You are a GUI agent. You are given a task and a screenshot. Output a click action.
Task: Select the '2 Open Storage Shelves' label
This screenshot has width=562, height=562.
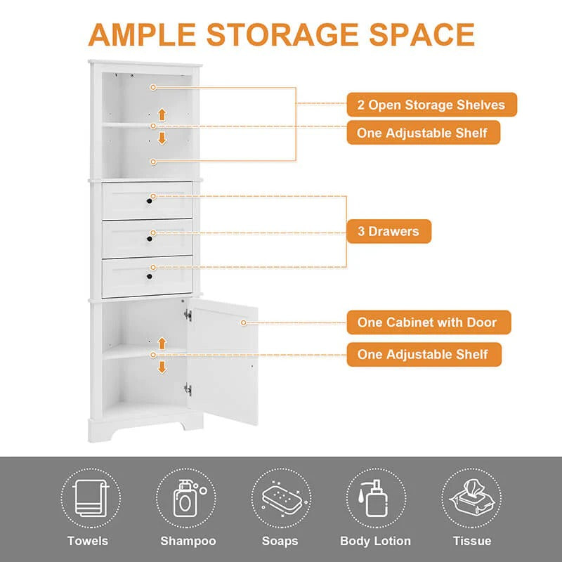pyautogui.click(x=431, y=105)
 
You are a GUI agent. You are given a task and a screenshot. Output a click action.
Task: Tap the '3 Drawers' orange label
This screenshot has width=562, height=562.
pyautogui.click(x=388, y=231)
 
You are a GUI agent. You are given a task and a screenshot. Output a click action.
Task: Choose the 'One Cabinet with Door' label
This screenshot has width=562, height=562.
pyautogui.click(x=426, y=322)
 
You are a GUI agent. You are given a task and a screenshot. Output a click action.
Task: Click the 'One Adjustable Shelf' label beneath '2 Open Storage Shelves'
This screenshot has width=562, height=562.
pyautogui.click(x=423, y=132)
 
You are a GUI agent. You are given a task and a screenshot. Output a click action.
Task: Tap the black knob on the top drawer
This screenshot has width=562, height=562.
pyautogui.click(x=149, y=202)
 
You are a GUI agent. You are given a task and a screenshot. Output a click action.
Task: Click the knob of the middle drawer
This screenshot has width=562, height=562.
pyautogui.click(x=149, y=240)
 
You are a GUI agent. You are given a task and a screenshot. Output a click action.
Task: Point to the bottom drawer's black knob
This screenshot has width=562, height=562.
pyautogui.click(x=149, y=277)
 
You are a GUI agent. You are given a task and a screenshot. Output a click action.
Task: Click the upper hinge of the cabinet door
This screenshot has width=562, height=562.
pyautogui.click(x=188, y=315)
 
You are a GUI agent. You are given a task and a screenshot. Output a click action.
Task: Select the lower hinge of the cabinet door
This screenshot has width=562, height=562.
pyautogui.click(x=188, y=388)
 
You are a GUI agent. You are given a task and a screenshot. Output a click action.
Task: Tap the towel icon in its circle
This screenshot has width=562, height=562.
pyautogui.click(x=88, y=497)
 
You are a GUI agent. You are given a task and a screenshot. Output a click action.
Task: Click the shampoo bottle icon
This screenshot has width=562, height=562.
pyautogui.click(x=183, y=497)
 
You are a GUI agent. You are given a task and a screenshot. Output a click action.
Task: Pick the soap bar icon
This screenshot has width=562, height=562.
pyautogui.click(x=279, y=497)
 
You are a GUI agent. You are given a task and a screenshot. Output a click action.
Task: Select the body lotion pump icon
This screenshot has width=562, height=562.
pyautogui.click(x=374, y=497)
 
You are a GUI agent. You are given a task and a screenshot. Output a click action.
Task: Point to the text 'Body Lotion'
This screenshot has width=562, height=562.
pyautogui.click(x=375, y=541)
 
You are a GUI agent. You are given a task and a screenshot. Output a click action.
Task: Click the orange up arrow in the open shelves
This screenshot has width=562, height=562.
pyautogui.click(x=162, y=114)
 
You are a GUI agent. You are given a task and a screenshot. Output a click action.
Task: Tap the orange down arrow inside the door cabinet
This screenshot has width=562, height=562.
pyautogui.click(x=162, y=367)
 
